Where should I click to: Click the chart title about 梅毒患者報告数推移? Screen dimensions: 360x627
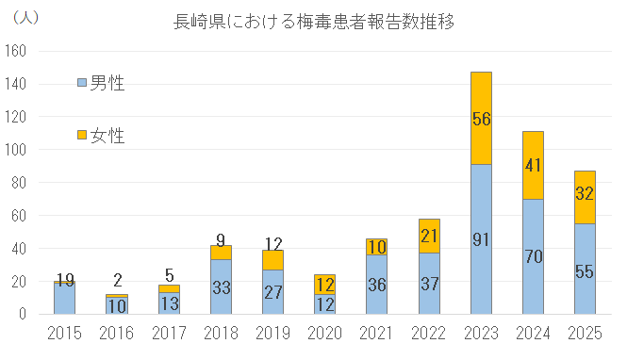coord(312,21)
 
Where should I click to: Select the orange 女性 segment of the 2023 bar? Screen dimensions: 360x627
coord(481,99)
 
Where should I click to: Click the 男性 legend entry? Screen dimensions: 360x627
coord(100,83)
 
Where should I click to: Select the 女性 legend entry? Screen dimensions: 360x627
coord(100,136)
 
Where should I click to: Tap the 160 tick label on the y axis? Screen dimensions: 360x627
coord(16,51)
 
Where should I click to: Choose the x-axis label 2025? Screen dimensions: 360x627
coord(585,334)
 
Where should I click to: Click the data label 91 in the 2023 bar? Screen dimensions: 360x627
coord(481,238)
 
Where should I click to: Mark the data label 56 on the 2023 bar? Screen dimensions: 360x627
coord(481,118)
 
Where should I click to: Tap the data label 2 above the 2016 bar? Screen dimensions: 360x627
coord(117,279)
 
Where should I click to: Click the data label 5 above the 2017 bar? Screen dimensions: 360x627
coord(169,274)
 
